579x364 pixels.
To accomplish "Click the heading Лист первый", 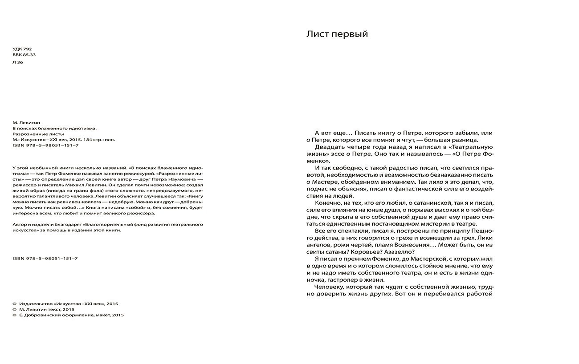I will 337,34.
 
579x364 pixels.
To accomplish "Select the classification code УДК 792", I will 22,49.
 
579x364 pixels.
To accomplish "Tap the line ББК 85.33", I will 24,55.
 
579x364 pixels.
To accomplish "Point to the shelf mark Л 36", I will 18,62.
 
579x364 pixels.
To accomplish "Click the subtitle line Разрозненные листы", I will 38,133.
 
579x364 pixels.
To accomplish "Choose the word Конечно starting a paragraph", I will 330,202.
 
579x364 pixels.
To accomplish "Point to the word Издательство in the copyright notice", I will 36,303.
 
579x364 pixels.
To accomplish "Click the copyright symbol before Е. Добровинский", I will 15,315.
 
